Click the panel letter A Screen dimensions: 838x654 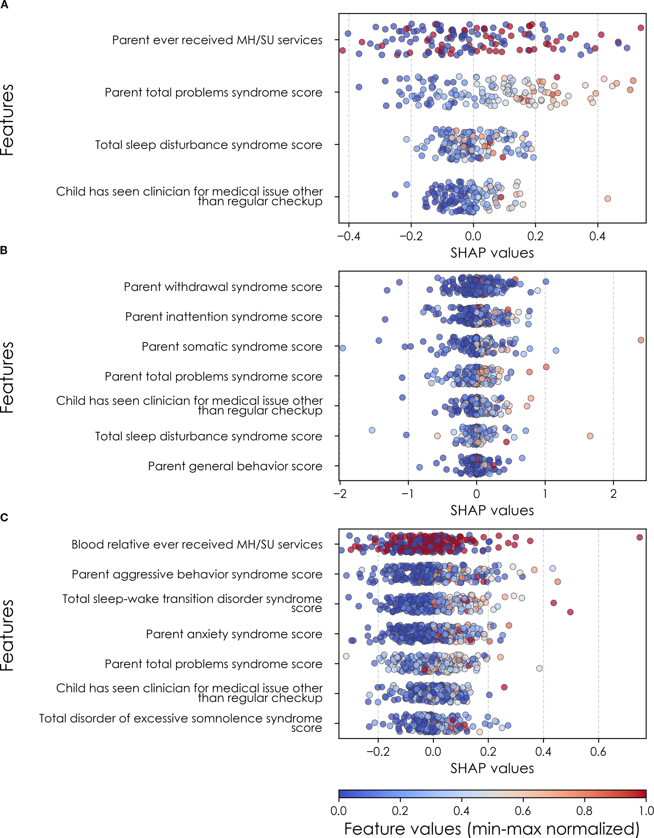coord(4,5)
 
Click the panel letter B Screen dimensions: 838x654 coord(4,250)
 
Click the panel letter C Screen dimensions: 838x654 coord(4,518)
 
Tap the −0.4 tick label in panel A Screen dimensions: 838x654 coord(348,236)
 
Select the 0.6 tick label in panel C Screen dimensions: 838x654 coord(598,751)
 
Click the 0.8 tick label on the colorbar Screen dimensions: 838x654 coord(584,811)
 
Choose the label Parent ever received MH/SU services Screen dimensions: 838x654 coord(217,40)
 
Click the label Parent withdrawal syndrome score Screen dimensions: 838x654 coord(223,287)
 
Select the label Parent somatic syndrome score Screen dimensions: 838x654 coord(232,347)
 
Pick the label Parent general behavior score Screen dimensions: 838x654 coord(235,466)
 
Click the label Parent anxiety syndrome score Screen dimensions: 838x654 coord(234,634)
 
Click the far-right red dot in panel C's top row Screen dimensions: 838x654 coord(639,537)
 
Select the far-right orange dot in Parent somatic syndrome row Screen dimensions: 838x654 coord(641,340)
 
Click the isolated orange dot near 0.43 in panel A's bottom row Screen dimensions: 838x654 coord(607,198)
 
